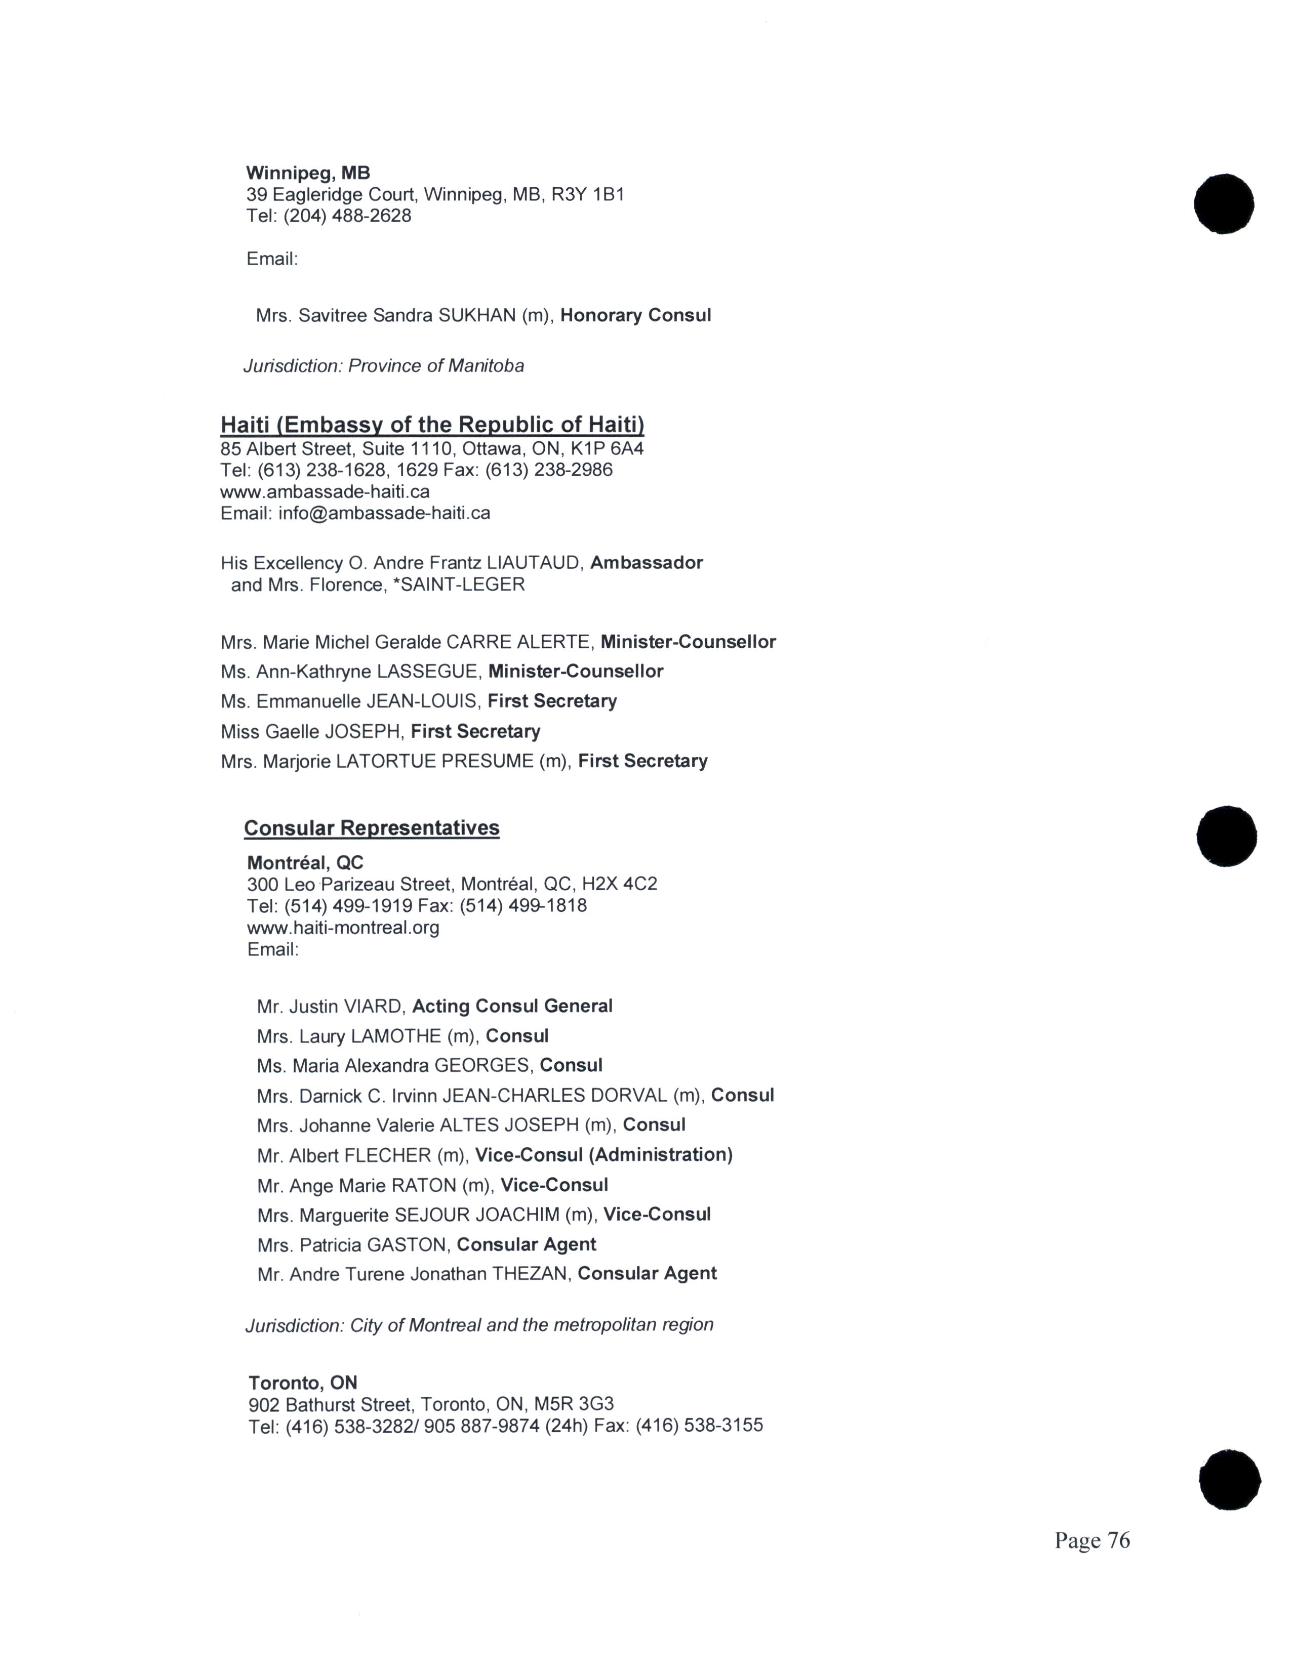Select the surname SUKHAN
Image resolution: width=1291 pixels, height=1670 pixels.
(476, 315)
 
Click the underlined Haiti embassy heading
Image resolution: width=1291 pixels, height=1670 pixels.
(432, 425)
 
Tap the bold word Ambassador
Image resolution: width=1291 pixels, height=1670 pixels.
(647, 563)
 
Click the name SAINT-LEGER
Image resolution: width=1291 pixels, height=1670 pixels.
(463, 585)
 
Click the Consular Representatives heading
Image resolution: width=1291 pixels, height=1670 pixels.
(372, 828)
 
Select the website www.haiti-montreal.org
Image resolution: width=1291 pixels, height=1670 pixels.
(343, 928)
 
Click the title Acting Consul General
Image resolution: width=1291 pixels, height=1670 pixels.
(512, 1006)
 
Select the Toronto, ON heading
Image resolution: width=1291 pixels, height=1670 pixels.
(303, 1383)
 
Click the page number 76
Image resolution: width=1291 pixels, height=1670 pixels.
(1117, 1540)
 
